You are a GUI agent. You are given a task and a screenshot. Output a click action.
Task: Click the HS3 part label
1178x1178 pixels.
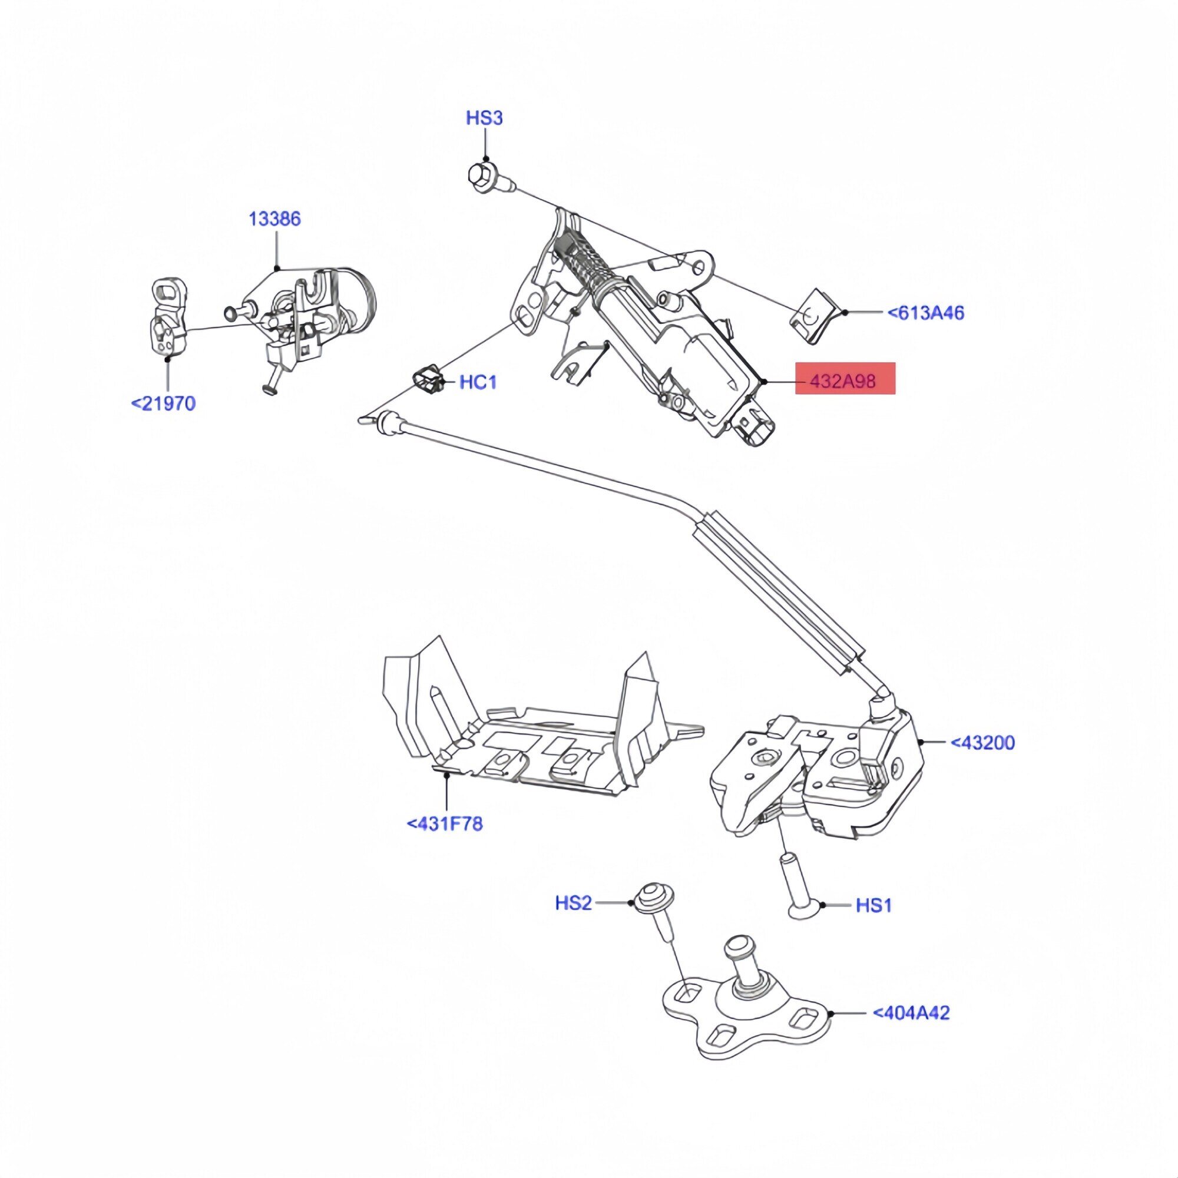[x=484, y=118]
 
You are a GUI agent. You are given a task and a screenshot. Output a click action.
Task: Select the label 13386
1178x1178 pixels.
[x=274, y=219]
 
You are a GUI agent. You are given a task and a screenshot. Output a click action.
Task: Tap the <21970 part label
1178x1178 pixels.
[x=163, y=403]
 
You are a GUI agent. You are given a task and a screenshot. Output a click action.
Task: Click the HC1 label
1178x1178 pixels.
[x=478, y=382]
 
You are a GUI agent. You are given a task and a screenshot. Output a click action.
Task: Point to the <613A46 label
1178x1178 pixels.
[x=925, y=313]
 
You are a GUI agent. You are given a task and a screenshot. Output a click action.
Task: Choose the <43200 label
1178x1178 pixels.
[x=982, y=743]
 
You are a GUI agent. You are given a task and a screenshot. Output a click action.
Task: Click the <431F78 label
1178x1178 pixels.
[x=445, y=824]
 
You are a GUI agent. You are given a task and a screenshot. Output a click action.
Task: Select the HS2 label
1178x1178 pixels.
[x=573, y=902]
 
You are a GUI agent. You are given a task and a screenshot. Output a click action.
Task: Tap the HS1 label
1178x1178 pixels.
[x=873, y=905]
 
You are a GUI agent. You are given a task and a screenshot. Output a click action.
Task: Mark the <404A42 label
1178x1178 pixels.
[x=911, y=1012]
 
